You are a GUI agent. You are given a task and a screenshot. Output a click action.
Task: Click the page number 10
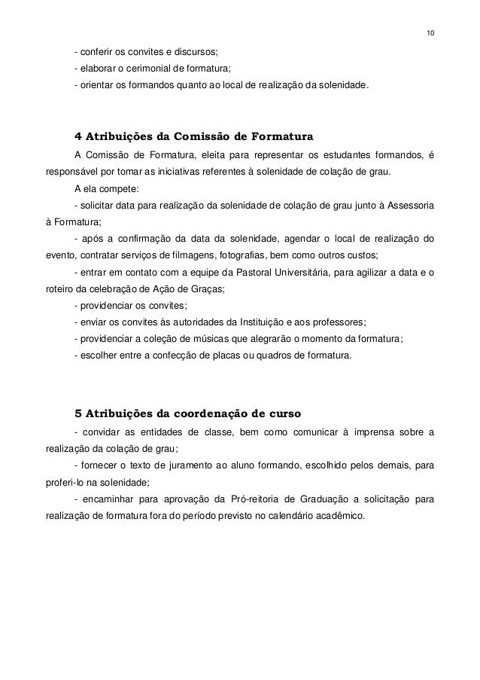pyautogui.click(x=430, y=34)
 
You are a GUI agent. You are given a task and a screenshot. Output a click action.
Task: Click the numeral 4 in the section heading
pyautogui.click(x=78, y=137)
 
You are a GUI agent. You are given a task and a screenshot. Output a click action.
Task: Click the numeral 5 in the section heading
pyautogui.click(x=78, y=413)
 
